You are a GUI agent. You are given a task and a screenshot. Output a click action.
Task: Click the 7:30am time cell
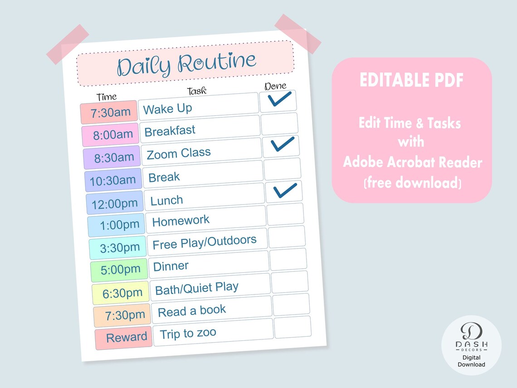click(x=109, y=113)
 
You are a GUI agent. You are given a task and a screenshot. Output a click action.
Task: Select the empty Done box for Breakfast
click(x=279, y=124)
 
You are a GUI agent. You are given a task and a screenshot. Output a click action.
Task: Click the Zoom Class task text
click(x=179, y=153)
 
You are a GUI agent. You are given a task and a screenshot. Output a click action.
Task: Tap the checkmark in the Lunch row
click(x=284, y=191)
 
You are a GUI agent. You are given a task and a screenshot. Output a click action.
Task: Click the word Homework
click(x=181, y=221)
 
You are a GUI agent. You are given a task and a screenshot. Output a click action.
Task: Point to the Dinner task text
click(x=171, y=266)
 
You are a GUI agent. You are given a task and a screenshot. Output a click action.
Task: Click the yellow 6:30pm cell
click(x=121, y=293)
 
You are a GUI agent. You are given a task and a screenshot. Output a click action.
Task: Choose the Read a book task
click(x=192, y=311)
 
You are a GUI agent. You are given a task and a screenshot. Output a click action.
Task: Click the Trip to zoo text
click(x=188, y=334)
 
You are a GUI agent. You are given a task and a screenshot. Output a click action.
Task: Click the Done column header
click(x=275, y=86)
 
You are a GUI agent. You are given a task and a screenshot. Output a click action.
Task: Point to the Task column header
click(x=197, y=91)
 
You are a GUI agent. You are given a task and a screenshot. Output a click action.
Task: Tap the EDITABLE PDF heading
click(x=412, y=80)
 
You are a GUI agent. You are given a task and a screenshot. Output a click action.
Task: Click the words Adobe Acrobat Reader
click(x=412, y=162)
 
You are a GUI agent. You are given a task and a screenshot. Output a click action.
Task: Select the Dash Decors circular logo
click(x=471, y=345)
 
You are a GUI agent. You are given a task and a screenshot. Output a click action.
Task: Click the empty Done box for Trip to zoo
click(x=293, y=327)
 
